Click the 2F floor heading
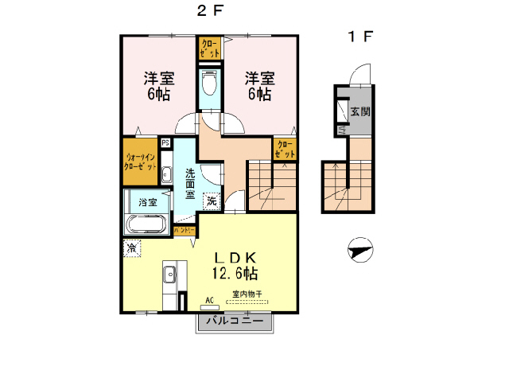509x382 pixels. (x=208, y=11)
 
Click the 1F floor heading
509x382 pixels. (x=359, y=36)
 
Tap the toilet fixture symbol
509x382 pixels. (x=209, y=82)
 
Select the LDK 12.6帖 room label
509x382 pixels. (x=233, y=264)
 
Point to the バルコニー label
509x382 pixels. (x=235, y=322)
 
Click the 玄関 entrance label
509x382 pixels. (x=359, y=111)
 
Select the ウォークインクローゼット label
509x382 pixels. (x=140, y=162)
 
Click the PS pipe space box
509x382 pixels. (x=165, y=143)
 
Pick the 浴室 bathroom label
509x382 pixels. (x=147, y=202)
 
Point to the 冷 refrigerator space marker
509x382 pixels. (x=130, y=248)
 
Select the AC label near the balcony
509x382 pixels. (x=210, y=300)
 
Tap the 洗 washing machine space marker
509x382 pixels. (x=212, y=201)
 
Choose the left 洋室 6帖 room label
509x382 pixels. (x=158, y=86)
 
